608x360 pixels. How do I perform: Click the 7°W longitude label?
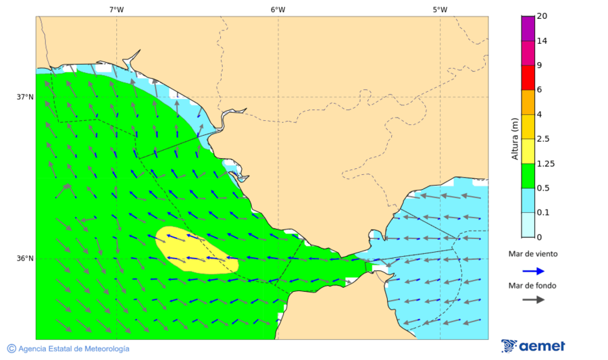(116, 9)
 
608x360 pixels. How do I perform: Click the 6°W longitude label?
(278, 9)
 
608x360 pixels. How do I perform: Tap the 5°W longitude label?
(440, 9)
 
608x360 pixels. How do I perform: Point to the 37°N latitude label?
(25, 97)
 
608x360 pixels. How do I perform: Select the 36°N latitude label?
(25, 258)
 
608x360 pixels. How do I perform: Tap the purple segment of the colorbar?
(528, 28)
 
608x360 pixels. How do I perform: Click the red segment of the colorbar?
(528, 77)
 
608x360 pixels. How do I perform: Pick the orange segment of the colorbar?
(528, 101)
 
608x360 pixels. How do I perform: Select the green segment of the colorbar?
(528, 175)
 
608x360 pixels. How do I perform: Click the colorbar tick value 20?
(542, 16)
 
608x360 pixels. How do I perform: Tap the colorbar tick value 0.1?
(542, 213)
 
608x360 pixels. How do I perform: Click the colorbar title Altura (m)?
(515, 141)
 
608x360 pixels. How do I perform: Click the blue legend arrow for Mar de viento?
(533, 271)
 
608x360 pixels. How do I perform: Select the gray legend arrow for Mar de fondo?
(533, 299)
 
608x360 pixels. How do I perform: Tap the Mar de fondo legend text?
(533, 286)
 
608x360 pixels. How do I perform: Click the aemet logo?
(533, 346)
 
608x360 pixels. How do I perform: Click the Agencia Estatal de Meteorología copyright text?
(68, 349)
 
